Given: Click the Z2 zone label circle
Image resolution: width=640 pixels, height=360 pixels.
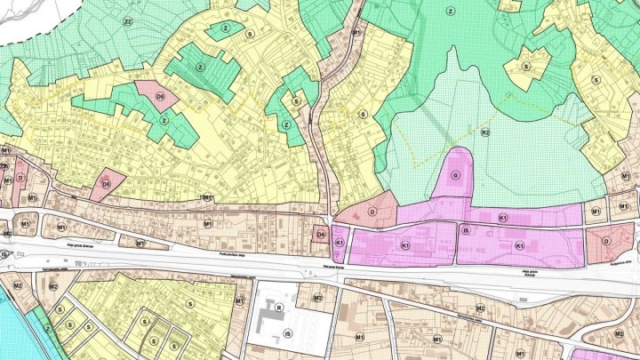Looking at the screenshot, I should point(128,21).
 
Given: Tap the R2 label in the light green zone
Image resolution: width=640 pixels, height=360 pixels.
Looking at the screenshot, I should point(485,132).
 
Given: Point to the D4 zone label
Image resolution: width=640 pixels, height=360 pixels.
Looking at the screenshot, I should point(321,235).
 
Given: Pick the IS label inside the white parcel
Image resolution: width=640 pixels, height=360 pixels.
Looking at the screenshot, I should point(287,334).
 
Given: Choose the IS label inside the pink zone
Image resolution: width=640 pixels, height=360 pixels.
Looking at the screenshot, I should point(466,230).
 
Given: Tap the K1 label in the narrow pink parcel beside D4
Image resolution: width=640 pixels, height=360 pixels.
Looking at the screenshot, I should point(339,243).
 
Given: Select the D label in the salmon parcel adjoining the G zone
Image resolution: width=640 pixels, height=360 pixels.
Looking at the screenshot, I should point(372,211).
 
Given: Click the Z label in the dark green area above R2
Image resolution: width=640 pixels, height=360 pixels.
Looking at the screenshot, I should point(451,12).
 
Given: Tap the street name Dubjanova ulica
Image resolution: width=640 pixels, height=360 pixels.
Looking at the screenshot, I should point(620,263).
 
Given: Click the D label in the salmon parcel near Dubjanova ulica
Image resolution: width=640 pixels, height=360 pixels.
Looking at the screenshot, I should point(605,240).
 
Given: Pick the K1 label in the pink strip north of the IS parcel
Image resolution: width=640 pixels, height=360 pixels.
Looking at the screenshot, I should point(502,218).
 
